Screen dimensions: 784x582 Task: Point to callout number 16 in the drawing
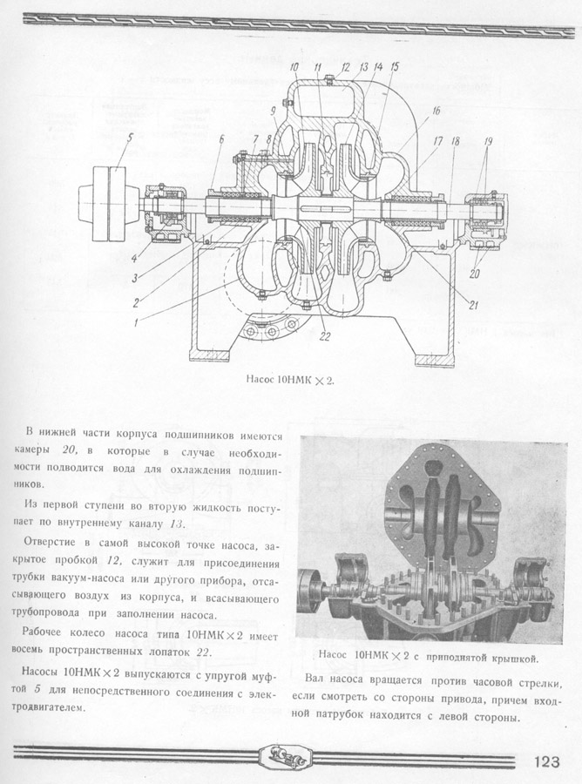[x=435, y=112]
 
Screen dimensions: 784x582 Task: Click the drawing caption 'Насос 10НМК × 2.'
[x=290, y=381]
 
